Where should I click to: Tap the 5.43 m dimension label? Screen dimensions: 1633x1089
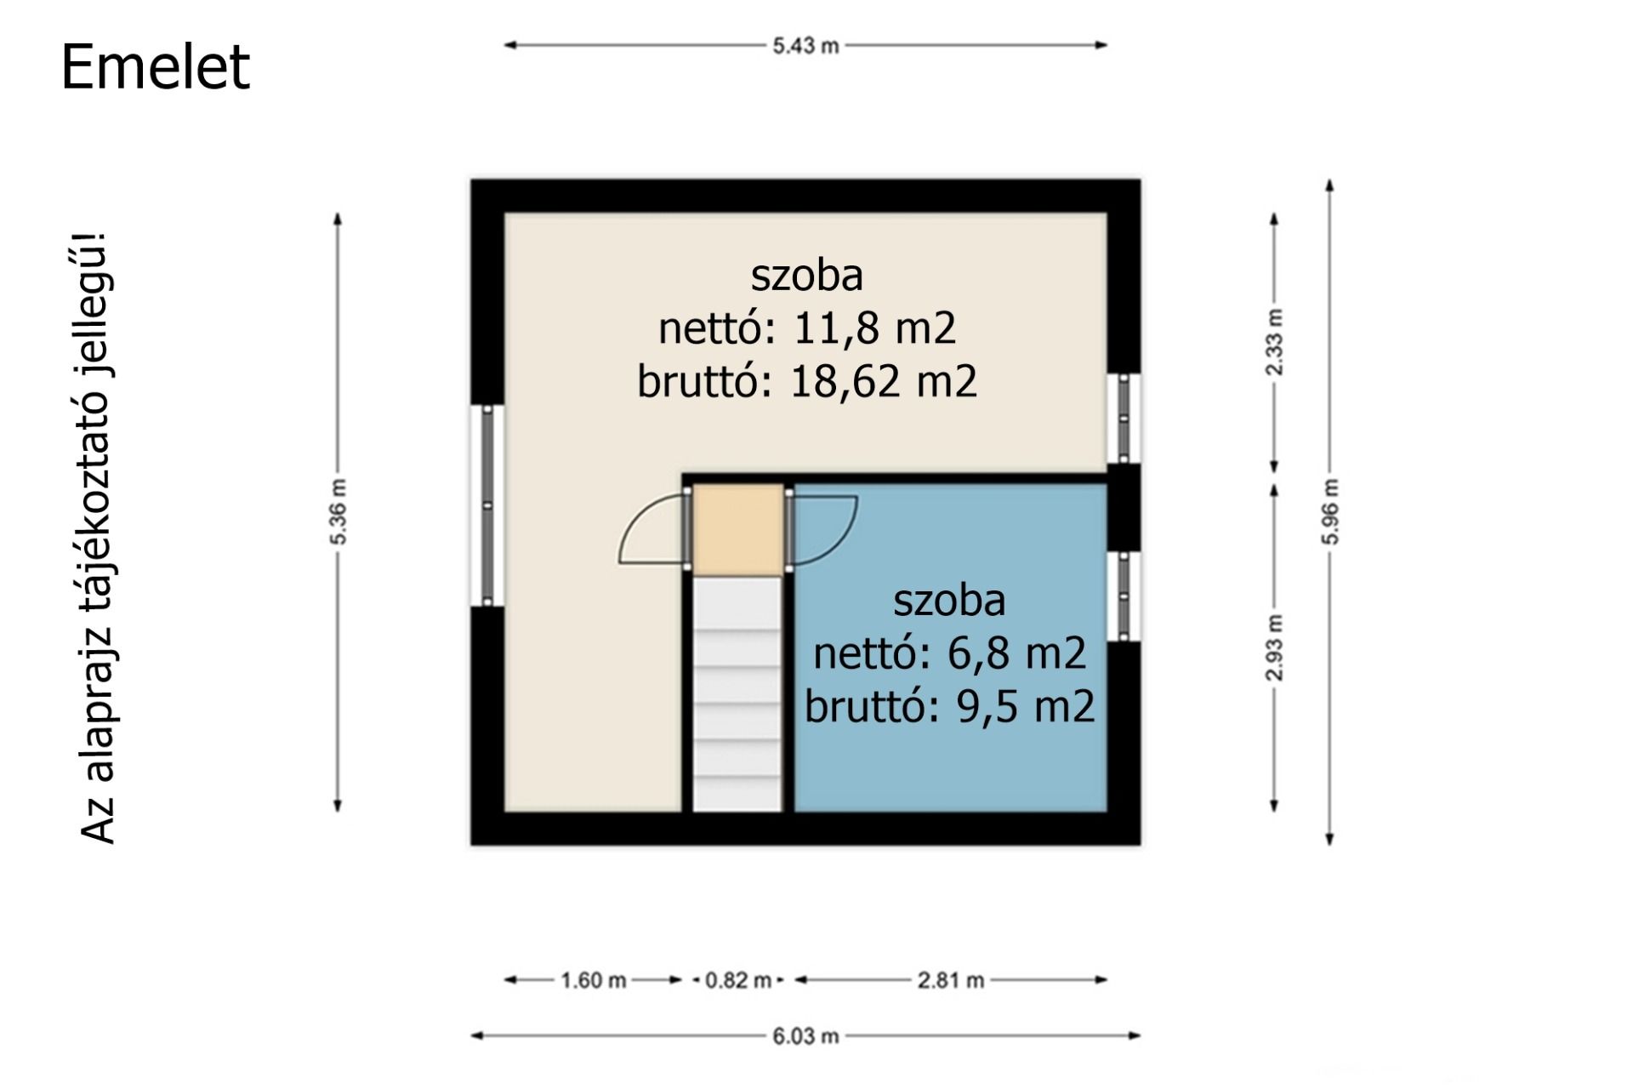805,46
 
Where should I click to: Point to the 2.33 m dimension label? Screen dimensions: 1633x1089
1274,342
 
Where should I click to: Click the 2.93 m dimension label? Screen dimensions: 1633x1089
1274,647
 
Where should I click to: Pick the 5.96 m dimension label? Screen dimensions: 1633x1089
1330,511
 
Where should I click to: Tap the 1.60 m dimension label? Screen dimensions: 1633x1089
593,980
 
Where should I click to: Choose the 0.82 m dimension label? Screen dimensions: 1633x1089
738,980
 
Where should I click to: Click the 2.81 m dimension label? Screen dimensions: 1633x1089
951,980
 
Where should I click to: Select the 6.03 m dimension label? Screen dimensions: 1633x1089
805,1036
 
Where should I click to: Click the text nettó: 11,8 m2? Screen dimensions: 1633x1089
807,328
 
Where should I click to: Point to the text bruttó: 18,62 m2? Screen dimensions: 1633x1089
807,380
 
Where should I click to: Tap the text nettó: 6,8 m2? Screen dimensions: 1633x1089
950,653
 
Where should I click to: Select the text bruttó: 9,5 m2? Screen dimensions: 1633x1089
950,706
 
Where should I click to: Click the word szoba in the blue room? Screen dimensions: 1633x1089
950,601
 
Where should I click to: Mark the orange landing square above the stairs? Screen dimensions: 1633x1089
738,529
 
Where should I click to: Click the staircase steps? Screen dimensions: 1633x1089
737,694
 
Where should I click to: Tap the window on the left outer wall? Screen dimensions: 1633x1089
487,505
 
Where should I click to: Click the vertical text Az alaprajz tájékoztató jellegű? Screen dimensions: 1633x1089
99,538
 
